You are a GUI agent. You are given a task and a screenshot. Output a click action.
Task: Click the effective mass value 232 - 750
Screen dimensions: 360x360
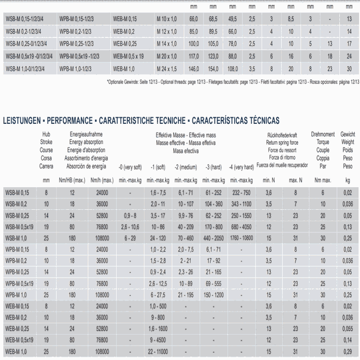[x=241, y=192]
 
